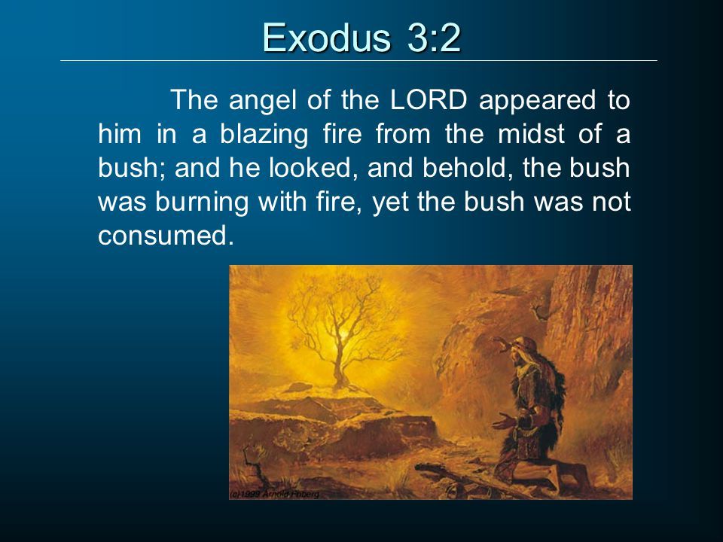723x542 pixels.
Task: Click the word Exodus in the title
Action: pyautogui.click(x=327, y=38)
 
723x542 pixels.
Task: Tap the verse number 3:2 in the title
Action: pyautogui.click(x=434, y=38)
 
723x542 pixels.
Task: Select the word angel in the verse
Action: pyautogui.click(x=262, y=101)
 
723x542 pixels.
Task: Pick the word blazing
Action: pyautogui.click(x=264, y=135)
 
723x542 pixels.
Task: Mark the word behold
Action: pyautogui.click(x=465, y=168)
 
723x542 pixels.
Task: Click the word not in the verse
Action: pyautogui.click(x=612, y=202)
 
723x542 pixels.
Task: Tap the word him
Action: pyautogui.click(x=120, y=134)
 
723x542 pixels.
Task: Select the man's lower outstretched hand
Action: pyautogui.click(x=505, y=420)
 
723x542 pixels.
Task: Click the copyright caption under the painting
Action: pyautogui.click(x=274, y=494)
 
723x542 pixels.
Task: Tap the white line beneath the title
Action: pyautogui.click(x=358, y=60)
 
